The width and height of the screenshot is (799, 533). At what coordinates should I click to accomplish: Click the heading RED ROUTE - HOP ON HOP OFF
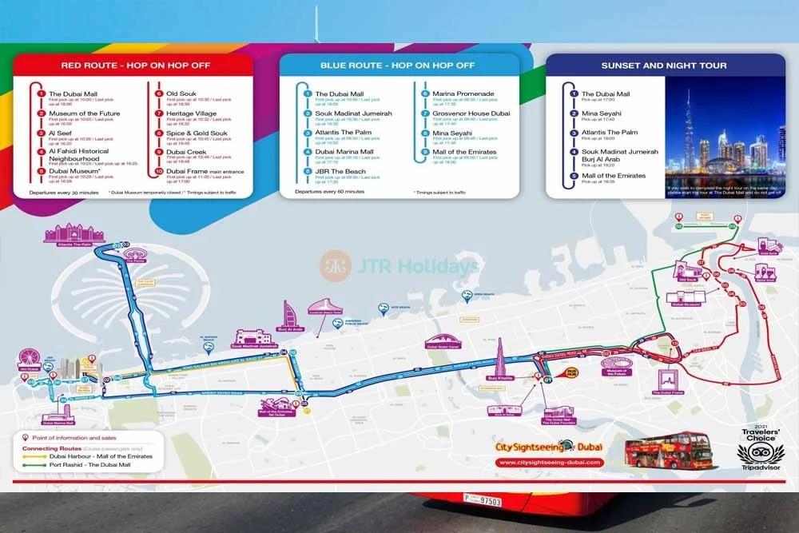pos(135,66)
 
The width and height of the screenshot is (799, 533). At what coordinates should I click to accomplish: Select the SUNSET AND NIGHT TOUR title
pos(665,66)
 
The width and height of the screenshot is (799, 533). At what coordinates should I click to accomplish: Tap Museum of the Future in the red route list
pos(85,113)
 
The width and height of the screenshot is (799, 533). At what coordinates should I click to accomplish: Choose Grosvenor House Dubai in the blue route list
pos(471,113)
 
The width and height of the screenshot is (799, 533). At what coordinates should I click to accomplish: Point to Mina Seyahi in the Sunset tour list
pos(600,113)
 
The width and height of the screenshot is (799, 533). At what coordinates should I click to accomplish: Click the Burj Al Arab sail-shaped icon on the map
pos(288,315)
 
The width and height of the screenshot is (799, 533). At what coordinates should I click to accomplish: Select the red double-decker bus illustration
pos(669,451)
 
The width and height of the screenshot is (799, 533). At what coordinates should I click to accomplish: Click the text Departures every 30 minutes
pos(64,192)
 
